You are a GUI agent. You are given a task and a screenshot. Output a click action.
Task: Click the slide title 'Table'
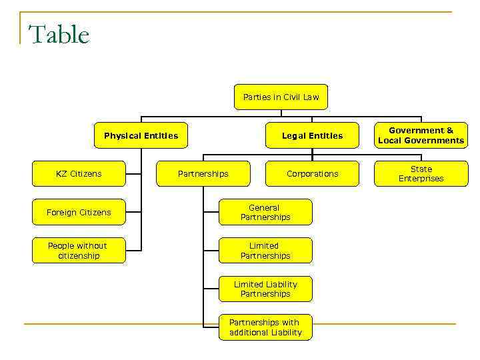(59, 35)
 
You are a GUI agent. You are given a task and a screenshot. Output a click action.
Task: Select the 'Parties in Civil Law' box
(281, 97)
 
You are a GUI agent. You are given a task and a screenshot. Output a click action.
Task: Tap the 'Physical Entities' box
(141, 136)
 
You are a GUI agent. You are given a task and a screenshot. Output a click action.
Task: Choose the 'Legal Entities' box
(312, 136)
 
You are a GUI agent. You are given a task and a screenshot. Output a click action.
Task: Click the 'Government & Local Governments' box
(421, 136)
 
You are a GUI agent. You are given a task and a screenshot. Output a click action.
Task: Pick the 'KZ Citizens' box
(79, 174)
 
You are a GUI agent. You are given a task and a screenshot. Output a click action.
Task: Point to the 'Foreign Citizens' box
(79, 213)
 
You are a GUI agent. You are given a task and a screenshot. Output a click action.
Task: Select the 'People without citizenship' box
(79, 251)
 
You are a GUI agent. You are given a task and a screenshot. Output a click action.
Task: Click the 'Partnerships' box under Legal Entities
(203, 174)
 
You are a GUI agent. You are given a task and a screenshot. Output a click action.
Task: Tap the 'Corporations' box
(312, 174)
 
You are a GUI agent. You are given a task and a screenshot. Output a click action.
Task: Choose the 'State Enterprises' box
(421, 174)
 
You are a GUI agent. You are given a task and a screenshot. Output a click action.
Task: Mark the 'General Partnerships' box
(265, 213)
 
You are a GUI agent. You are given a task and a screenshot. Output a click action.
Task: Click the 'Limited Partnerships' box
(265, 251)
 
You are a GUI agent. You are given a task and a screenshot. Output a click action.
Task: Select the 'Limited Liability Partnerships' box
(265, 289)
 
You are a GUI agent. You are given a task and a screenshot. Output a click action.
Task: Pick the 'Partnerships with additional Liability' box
(265, 327)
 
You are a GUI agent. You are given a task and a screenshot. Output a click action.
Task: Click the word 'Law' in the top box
(311, 97)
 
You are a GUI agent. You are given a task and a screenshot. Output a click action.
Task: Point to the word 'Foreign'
(61, 213)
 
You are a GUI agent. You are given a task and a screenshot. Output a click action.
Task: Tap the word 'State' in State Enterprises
(421, 169)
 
